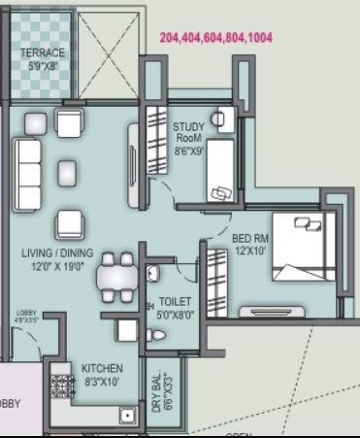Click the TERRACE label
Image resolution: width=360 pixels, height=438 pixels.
click(x=42, y=53)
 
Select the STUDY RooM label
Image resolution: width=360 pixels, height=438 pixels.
click(x=188, y=132)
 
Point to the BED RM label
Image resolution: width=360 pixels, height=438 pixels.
click(x=250, y=237)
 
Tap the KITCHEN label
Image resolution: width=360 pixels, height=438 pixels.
click(x=102, y=369)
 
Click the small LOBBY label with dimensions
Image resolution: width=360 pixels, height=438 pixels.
click(x=26, y=315)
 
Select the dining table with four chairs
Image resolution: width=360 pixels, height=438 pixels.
click(x=115, y=279)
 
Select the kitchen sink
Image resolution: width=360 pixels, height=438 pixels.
click(x=126, y=415)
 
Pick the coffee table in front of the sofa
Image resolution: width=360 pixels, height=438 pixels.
click(x=67, y=173)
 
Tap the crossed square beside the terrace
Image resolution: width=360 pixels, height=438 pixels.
click(x=109, y=49)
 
